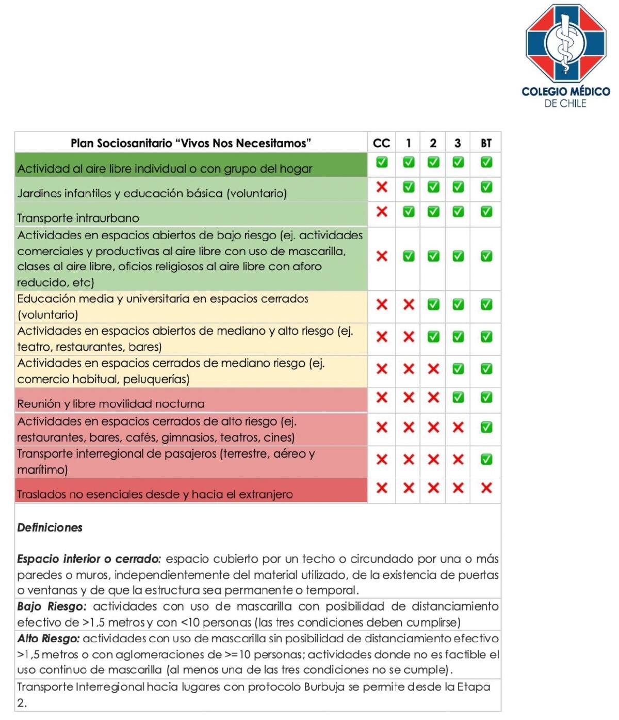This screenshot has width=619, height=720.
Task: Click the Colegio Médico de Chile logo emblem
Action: [x=565, y=44]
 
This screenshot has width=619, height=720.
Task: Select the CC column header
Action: [x=381, y=143]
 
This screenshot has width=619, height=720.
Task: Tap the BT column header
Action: [x=486, y=143]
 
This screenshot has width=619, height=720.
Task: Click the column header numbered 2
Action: [x=433, y=143]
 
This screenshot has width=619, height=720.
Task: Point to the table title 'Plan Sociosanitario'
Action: [x=190, y=143]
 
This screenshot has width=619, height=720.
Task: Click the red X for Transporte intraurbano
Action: [x=382, y=211]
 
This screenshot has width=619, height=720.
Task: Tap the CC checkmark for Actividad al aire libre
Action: [x=382, y=162]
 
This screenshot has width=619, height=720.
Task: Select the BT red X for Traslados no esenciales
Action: [x=486, y=488]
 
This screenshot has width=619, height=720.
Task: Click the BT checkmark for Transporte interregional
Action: [x=486, y=459]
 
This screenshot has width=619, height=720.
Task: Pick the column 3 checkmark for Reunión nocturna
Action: [x=458, y=397]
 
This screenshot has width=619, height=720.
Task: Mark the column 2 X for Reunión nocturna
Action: [x=433, y=397]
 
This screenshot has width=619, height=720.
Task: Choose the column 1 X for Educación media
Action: [x=409, y=304]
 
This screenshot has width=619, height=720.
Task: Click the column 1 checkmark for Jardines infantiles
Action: [x=409, y=186]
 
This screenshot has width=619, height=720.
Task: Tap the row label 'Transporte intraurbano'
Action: [x=78, y=218]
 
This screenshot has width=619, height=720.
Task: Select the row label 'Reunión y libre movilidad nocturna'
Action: [x=110, y=404]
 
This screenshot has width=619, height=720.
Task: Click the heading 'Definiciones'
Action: [x=50, y=527]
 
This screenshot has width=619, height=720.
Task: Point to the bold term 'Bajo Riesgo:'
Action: [x=52, y=606]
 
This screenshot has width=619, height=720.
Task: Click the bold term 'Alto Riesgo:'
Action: [x=48, y=638]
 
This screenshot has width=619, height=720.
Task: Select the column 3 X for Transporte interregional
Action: [x=458, y=459]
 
